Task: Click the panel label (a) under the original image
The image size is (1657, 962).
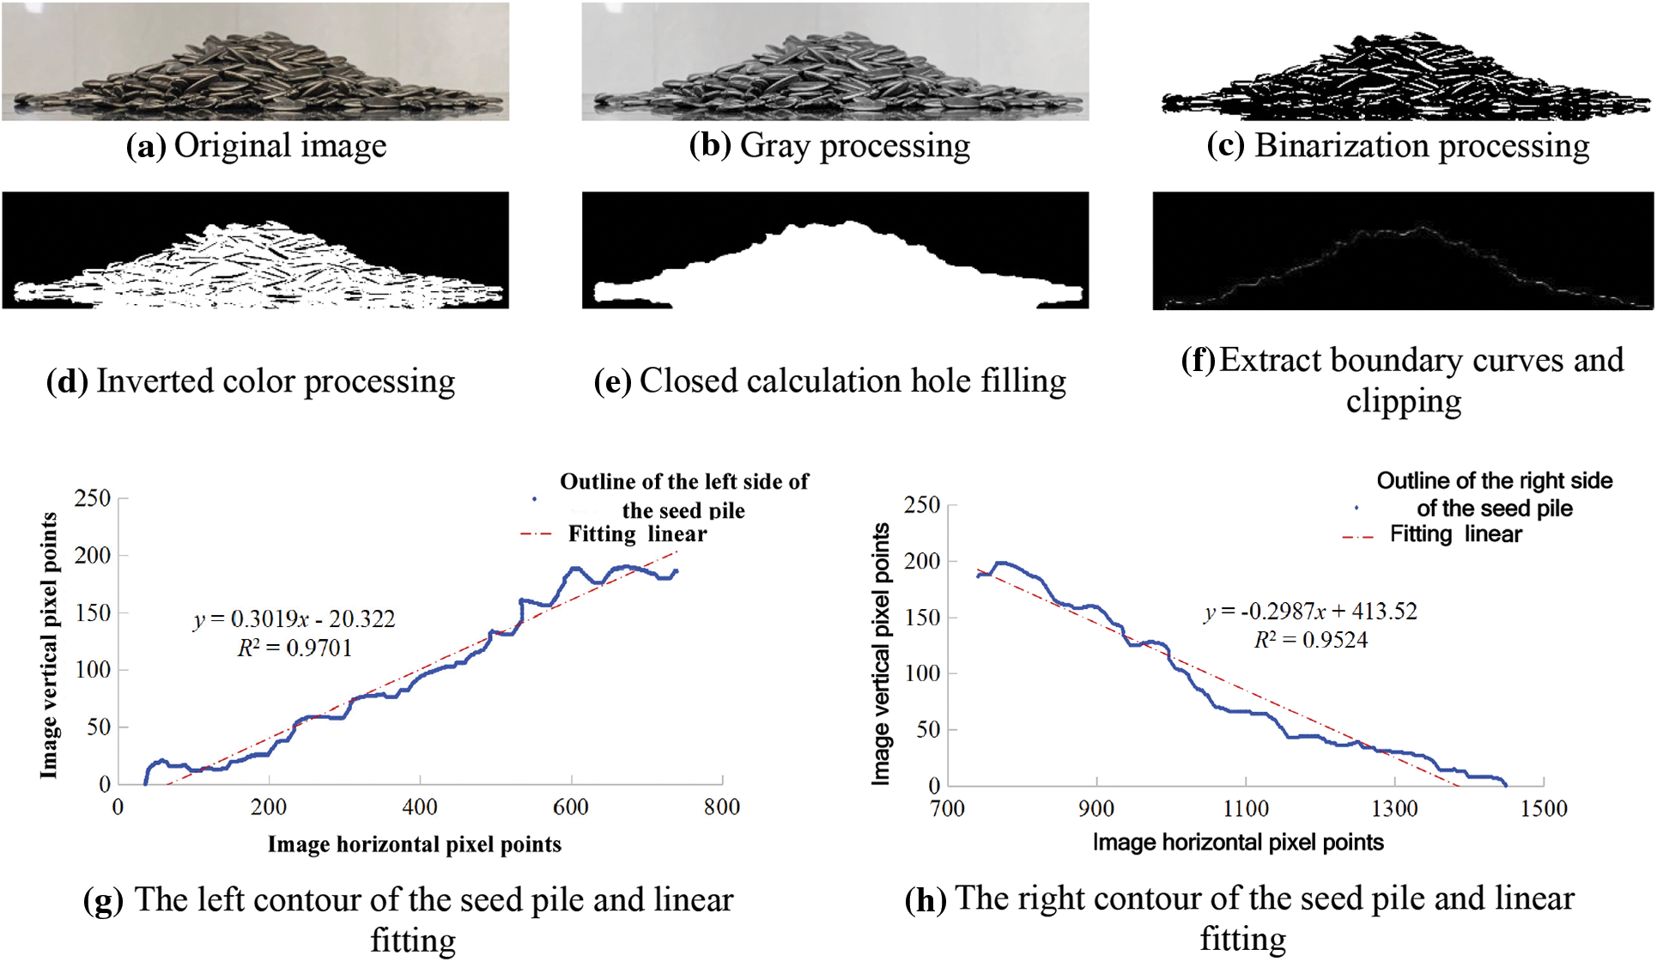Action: pos(145,146)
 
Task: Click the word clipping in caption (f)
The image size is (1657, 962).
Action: pos(1403,401)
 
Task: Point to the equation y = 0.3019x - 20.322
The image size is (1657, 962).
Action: pos(294,619)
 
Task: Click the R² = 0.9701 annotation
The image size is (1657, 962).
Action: pos(294,648)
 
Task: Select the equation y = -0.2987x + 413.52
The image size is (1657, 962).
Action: pos(1310,612)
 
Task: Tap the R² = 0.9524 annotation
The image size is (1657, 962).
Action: pos(1310,640)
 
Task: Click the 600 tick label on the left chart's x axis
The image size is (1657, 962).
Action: pos(571,807)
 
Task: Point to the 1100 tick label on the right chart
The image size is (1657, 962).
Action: pos(1246,809)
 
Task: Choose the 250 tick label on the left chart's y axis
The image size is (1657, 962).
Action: pos(93,498)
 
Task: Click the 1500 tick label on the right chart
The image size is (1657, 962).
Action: pos(1544,809)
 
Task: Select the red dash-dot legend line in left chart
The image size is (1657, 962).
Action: pos(537,534)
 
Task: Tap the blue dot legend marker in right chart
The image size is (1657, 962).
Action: pos(1357,508)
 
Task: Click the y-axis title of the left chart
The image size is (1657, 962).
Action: pos(49,646)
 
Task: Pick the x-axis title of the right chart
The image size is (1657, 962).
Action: pos(1238,843)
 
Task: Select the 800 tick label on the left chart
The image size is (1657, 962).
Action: pos(722,807)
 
